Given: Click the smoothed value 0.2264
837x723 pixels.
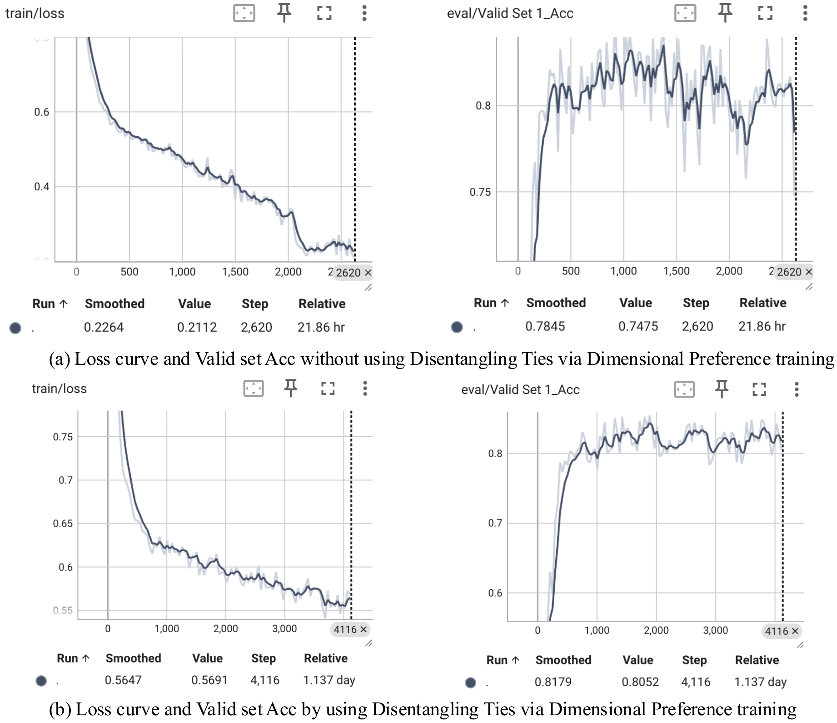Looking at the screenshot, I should pyautogui.click(x=104, y=327).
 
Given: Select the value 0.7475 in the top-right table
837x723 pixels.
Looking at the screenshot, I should pyautogui.click(x=638, y=326).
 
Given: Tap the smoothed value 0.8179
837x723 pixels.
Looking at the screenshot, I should pyautogui.click(x=553, y=682).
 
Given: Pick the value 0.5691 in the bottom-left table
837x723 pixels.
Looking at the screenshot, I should pyautogui.click(x=209, y=680).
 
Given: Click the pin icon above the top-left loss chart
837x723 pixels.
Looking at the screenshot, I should pyautogui.click(x=284, y=13).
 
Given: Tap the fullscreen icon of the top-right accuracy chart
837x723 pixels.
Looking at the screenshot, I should pyautogui.click(x=765, y=13).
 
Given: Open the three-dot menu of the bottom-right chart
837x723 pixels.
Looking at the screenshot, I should pyautogui.click(x=796, y=389).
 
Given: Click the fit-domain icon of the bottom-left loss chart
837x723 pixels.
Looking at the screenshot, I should pyautogui.click(x=254, y=389).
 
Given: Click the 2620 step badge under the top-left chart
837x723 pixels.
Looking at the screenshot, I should pyautogui.click(x=353, y=273).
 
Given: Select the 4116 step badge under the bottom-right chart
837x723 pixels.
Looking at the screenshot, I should pyautogui.click(x=781, y=631).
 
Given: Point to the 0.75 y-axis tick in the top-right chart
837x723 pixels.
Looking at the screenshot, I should pyautogui.click(x=480, y=192).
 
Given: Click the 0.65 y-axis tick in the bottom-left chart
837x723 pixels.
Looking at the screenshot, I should pyautogui.click(x=63, y=524).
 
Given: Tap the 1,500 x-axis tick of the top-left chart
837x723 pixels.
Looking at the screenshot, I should pyautogui.click(x=235, y=272).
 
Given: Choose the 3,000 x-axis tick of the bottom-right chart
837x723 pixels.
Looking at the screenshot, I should pyautogui.click(x=715, y=630).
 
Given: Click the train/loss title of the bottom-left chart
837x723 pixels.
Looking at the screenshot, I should pyautogui.click(x=59, y=389).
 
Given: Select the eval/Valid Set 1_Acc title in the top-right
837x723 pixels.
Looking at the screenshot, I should pyautogui.click(x=510, y=13).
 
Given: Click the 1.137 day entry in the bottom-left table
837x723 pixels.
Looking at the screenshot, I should pyautogui.click(x=329, y=680).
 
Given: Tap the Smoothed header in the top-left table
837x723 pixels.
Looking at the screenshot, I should pyautogui.click(x=115, y=304).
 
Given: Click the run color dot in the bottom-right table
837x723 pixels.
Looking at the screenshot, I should pyautogui.click(x=470, y=682).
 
